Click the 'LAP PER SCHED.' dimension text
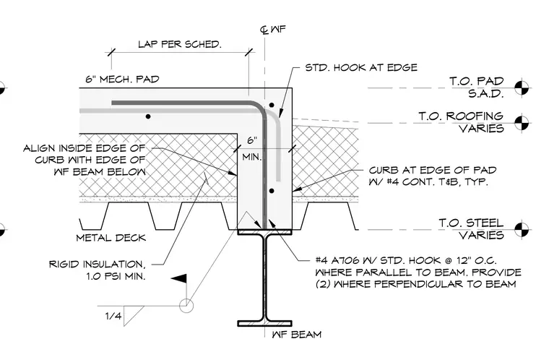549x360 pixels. [x=180, y=44]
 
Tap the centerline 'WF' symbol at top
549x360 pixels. [x=273, y=30]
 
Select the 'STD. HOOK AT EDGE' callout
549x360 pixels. [x=361, y=67]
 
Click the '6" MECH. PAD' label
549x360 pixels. [x=123, y=80]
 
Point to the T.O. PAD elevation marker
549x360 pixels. [x=522, y=87]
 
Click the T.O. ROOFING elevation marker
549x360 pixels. [x=522, y=123]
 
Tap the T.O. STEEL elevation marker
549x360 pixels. [x=522, y=230]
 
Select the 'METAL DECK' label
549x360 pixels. [x=111, y=238]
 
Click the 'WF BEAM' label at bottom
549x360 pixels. [x=297, y=335]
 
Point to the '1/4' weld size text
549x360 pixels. [x=113, y=316]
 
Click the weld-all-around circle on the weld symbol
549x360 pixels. [x=186, y=305]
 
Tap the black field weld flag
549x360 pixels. [x=179, y=279]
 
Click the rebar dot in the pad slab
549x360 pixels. [x=148, y=116]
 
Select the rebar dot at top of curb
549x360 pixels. [x=272, y=105]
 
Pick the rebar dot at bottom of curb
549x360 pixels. [x=272, y=191]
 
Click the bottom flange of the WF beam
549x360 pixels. [x=264, y=323]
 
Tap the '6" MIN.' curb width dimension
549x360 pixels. [x=252, y=149]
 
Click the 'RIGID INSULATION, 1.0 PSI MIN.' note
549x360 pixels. [x=97, y=270]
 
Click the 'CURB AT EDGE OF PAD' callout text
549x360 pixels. [x=433, y=171]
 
